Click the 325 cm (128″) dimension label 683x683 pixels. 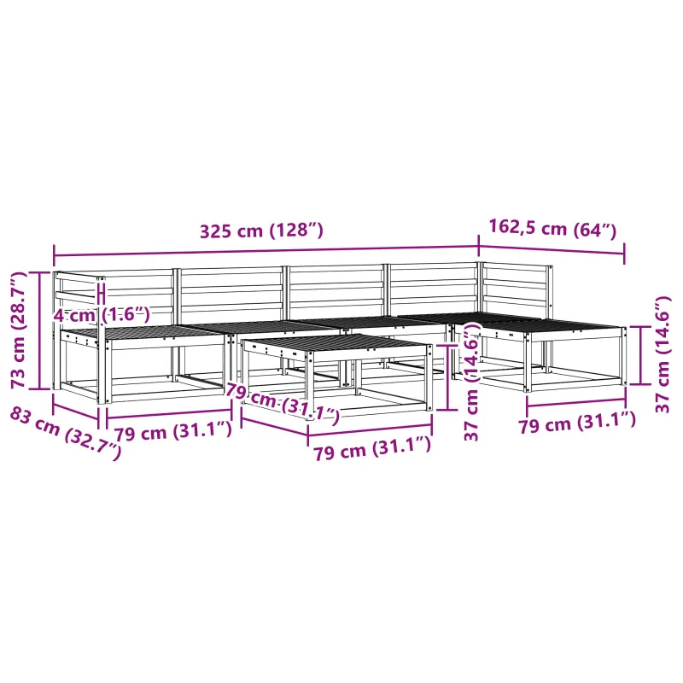coord(261,230)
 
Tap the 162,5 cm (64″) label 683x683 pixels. coord(552,228)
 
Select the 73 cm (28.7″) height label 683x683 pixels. coord(19,330)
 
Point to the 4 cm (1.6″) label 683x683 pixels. coord(102,314)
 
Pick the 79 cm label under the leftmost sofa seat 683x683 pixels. coord(172,431)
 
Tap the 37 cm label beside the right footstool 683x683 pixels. coord(663,354)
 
